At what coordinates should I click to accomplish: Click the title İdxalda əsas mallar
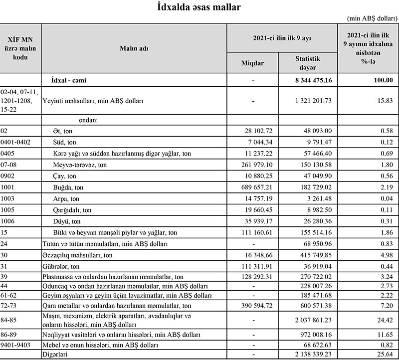point(199,7)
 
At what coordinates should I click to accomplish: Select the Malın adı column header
point(134,48)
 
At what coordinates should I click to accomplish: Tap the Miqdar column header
point(252,62)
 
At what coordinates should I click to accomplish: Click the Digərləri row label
point(56,354)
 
